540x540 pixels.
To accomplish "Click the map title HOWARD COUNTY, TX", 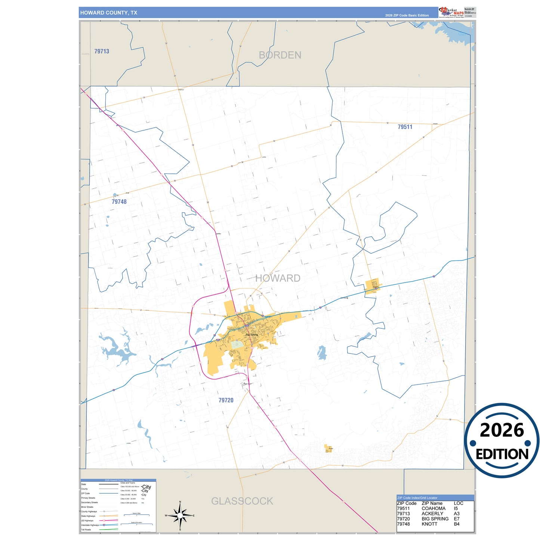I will click(108, 13).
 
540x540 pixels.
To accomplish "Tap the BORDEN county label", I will click(280, 55).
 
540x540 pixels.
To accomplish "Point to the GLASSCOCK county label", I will click(242, 501).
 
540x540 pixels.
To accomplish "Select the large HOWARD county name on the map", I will click(278, 278).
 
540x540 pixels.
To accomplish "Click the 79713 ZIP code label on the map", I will click(102, 52).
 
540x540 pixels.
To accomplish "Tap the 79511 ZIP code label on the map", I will click(405, 127).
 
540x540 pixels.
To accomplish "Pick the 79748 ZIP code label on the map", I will click(119, 202).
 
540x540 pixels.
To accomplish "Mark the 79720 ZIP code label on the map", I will click(226, 400).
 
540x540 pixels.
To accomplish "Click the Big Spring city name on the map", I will click(252, 334).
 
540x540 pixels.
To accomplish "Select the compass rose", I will click(180, 516).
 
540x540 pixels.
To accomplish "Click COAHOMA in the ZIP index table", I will click(433, 509).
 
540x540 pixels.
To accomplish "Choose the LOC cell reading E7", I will click(456, 519).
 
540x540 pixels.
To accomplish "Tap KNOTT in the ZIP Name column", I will click(429, 524).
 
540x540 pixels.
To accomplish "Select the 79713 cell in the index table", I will click(403, 514).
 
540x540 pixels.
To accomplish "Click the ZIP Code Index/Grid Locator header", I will click(417, 498).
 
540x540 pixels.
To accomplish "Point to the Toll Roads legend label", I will click(86, 530).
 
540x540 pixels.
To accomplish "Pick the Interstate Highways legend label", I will click(90, 525).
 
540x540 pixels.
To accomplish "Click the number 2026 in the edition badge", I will click(502, 431).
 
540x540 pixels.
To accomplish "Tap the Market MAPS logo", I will click(452, 12).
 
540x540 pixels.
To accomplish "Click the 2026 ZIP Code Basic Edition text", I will click(407, 15).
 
